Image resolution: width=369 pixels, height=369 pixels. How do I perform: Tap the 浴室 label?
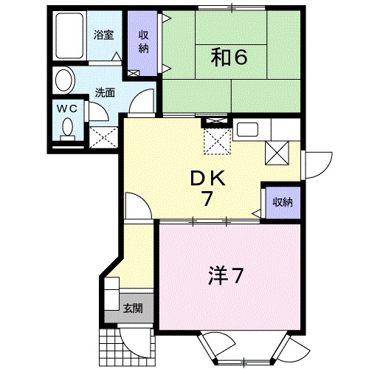pos(103,34)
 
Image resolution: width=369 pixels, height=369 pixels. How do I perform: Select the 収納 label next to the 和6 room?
pos(142,44)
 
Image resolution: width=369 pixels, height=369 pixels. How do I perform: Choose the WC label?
pos(68,107)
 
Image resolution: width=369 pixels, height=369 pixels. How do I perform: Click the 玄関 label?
pos(134,308)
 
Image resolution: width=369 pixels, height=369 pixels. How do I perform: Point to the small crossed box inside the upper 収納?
pos(134,73)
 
